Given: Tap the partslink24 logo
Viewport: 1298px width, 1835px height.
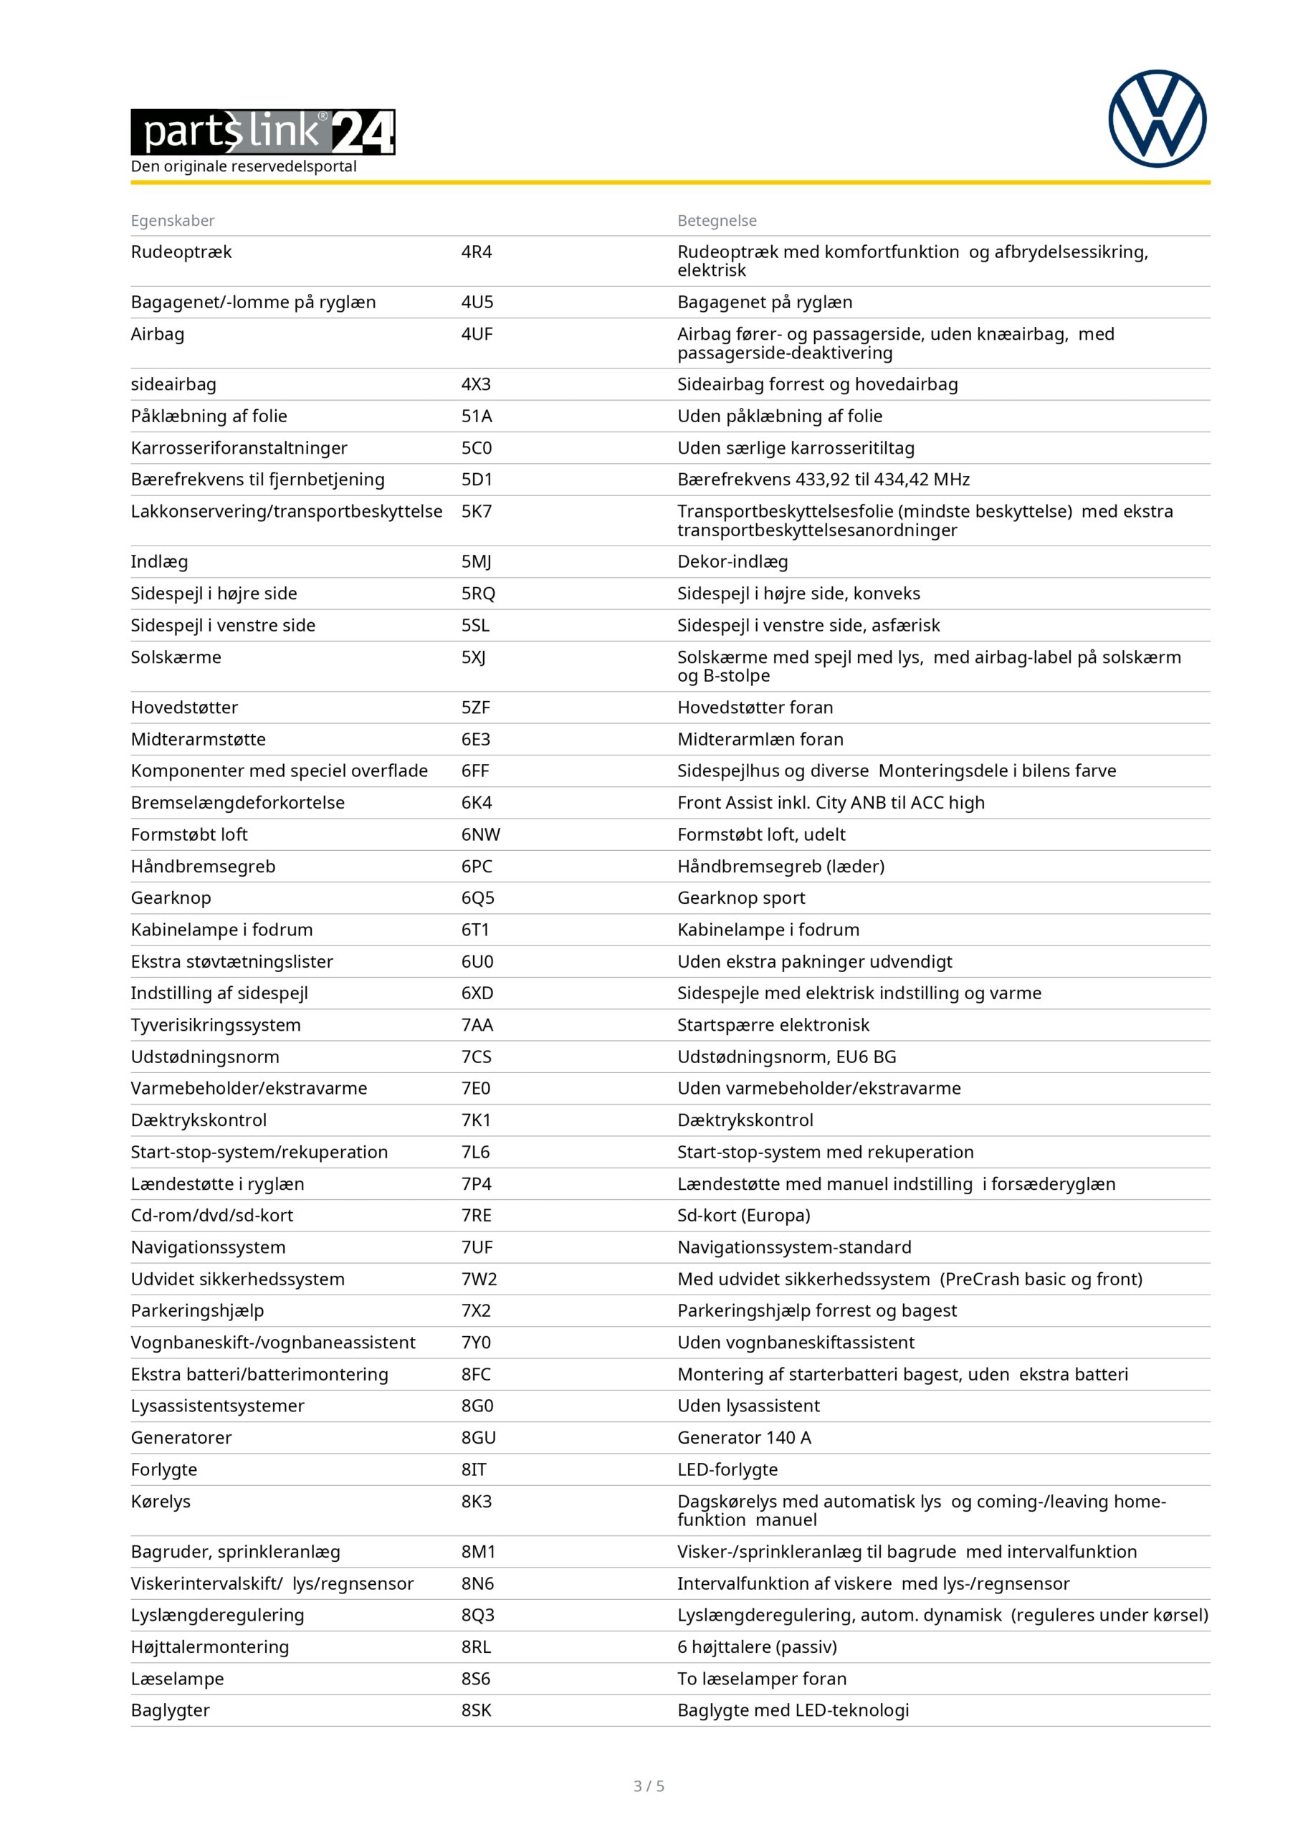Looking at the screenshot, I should tap(262, 132).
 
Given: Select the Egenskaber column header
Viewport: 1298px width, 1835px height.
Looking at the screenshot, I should tap(173, 221).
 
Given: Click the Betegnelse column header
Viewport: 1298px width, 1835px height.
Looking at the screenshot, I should tap(716, 221).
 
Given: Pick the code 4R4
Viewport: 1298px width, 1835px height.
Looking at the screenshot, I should tap(477, 252).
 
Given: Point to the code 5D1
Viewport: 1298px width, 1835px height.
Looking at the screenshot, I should tap(477, 480).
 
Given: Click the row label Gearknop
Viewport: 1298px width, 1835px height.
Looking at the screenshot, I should tap(171, 897).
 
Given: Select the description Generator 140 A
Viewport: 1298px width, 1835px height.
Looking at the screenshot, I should tap(743, 1437).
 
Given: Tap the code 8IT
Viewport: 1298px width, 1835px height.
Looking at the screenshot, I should tap(473, 1469).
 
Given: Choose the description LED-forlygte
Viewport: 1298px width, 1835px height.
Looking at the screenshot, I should tap(727, 1469).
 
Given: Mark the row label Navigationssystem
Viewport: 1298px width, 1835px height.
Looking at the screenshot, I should tap(208, 1247).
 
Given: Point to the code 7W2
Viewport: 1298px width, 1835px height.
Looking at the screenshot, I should tap(479, 1279).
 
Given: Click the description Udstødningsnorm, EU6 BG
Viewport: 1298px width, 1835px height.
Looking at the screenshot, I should tap(786, 1057).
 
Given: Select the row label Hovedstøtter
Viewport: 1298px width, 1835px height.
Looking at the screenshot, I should tap(183, 707).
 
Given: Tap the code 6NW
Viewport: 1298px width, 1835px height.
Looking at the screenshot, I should tap(480, 834).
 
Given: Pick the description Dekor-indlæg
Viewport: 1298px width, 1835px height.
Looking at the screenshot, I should tap(732, 562).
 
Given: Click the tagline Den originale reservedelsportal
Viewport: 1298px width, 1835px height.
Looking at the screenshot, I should tap(244, 166).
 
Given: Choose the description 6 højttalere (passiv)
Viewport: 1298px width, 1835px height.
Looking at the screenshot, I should tap(757, 1646).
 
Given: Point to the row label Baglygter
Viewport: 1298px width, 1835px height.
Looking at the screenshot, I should tap(171, 1710).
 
